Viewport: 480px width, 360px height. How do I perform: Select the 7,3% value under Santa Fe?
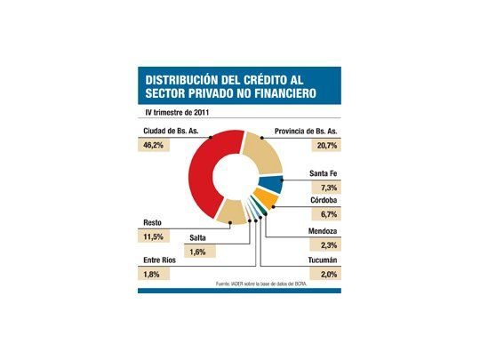tap(324, 188)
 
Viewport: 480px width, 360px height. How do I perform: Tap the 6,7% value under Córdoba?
tap(324, 214)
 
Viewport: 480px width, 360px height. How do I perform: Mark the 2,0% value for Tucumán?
tap(324, 276)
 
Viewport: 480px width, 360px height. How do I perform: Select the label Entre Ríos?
tap(158, 261)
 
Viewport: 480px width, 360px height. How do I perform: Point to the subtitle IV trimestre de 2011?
tap(180, 113)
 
